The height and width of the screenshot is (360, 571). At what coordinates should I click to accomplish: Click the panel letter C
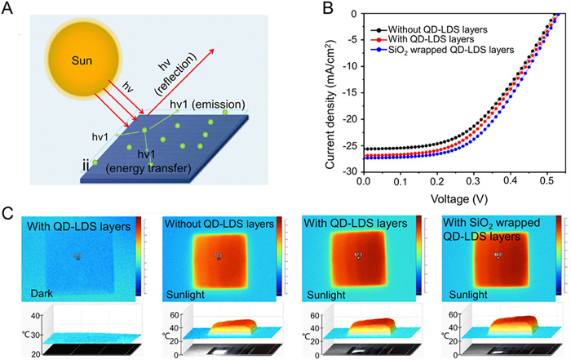[x=9, y=214]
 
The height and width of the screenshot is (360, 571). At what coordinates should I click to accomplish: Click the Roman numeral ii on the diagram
[x=86, y=166]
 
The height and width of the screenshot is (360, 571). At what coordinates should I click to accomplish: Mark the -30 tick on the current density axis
[x=349, y=172]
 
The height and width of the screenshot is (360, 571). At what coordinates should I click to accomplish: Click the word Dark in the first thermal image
[x=42, y=290]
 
